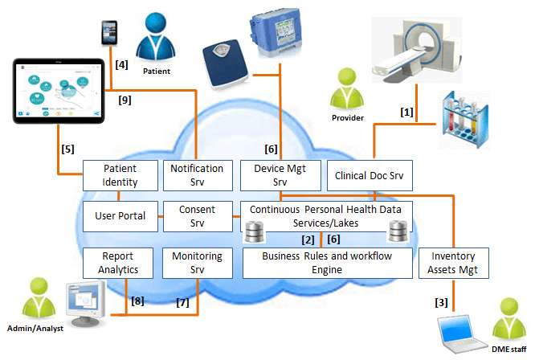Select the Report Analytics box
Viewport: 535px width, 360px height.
click(x=119, y=263)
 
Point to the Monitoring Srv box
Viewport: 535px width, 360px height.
click(x=197, y=263)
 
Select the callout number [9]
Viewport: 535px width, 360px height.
click(x=125, y=101)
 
